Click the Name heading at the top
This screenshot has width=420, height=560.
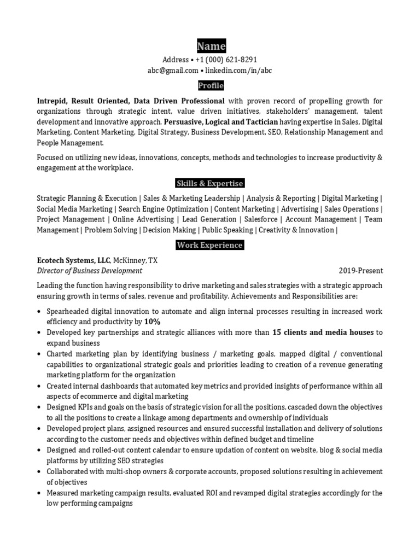coord(211,46)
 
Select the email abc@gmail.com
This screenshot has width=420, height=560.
coord(173,70)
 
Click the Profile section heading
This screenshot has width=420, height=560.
coord(211,86)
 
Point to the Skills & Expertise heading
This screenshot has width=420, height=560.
coord(210,183)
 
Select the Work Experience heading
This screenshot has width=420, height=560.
coord(210,245)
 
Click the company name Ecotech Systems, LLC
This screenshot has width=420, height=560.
coord(73,260)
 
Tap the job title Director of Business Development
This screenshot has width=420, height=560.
coord(89,271)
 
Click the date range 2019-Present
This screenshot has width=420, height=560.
coord(361,271)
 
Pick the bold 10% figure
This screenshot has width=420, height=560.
coord(153,322)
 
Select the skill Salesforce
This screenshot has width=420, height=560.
coord(261,219)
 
